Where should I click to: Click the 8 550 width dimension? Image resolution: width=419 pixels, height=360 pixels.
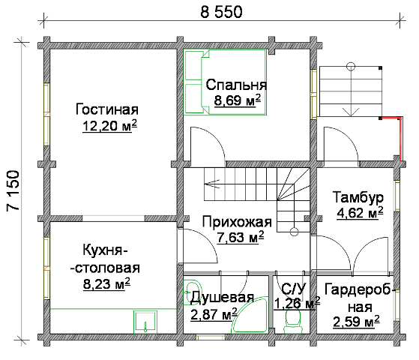221,12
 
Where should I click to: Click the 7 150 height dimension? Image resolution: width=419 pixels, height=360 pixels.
13,190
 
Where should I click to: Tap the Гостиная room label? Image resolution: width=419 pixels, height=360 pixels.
107,109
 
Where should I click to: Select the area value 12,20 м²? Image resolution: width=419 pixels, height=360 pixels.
110,126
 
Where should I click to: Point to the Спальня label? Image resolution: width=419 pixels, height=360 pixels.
236,85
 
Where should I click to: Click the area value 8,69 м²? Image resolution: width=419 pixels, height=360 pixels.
238,100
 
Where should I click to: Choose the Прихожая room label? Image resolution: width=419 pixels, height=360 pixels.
237,222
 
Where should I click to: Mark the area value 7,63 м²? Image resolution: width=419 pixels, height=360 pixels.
241,237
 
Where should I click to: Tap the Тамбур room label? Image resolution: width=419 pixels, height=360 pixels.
358,197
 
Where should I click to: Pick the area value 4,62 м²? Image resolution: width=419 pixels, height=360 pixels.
361,213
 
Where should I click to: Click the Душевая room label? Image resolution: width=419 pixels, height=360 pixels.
222,298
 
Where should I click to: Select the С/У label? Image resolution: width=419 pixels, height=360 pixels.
293,288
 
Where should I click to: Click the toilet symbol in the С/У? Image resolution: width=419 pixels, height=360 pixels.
293,321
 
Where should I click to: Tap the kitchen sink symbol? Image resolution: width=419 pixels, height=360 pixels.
145,322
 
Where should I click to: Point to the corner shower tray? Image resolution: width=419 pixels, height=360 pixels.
249,315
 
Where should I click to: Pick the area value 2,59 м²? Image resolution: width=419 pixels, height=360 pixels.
356,321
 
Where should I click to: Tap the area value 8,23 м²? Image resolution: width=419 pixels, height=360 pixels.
106,283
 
